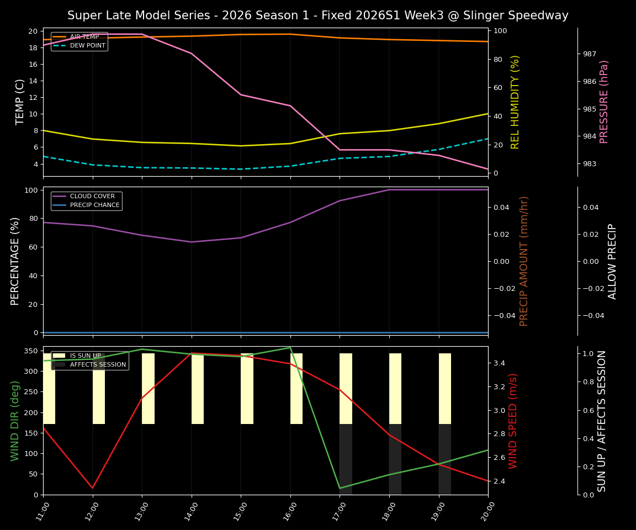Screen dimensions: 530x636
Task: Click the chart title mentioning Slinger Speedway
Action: (317, 15)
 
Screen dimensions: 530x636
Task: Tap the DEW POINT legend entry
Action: (87, 46)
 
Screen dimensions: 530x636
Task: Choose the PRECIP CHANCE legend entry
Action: (94, 205)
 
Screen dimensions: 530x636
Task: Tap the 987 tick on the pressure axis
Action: (589, 54)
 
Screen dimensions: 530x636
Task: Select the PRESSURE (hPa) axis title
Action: (604, 102)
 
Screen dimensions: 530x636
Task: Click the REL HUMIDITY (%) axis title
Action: (515, 102)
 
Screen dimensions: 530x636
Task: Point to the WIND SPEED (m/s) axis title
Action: (513, 421)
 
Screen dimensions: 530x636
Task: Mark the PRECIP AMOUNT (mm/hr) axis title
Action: (524, 261)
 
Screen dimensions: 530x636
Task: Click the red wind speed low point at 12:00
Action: (93, 488)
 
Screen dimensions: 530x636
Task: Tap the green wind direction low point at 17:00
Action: (340, 488)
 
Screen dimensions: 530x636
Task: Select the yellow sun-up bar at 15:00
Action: (247, 389)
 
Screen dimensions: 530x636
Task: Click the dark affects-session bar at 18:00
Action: (395, 459)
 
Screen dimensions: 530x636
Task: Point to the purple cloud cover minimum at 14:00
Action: (192, 242)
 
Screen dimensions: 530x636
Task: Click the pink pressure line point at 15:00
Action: (241, 94)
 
